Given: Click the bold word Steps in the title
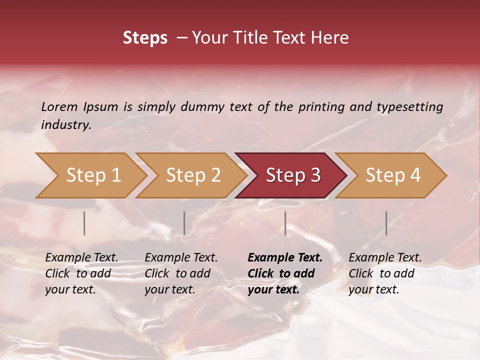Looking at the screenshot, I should [145, 38].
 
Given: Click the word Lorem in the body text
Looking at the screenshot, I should [59, 106].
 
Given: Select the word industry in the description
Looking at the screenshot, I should [65, 125].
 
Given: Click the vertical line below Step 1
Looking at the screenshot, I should [84, 223].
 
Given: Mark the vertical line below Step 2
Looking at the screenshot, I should [184, 223].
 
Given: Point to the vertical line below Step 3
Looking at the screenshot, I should [285, 223].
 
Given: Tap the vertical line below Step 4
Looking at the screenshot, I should [386, 223].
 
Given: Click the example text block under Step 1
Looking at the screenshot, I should [81, 273].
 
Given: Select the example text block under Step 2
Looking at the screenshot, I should [181, 273].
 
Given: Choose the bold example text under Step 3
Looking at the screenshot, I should [285, 273].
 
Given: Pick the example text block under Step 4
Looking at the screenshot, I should [385, 273].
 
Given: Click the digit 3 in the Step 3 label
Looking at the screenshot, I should [314, 175].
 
